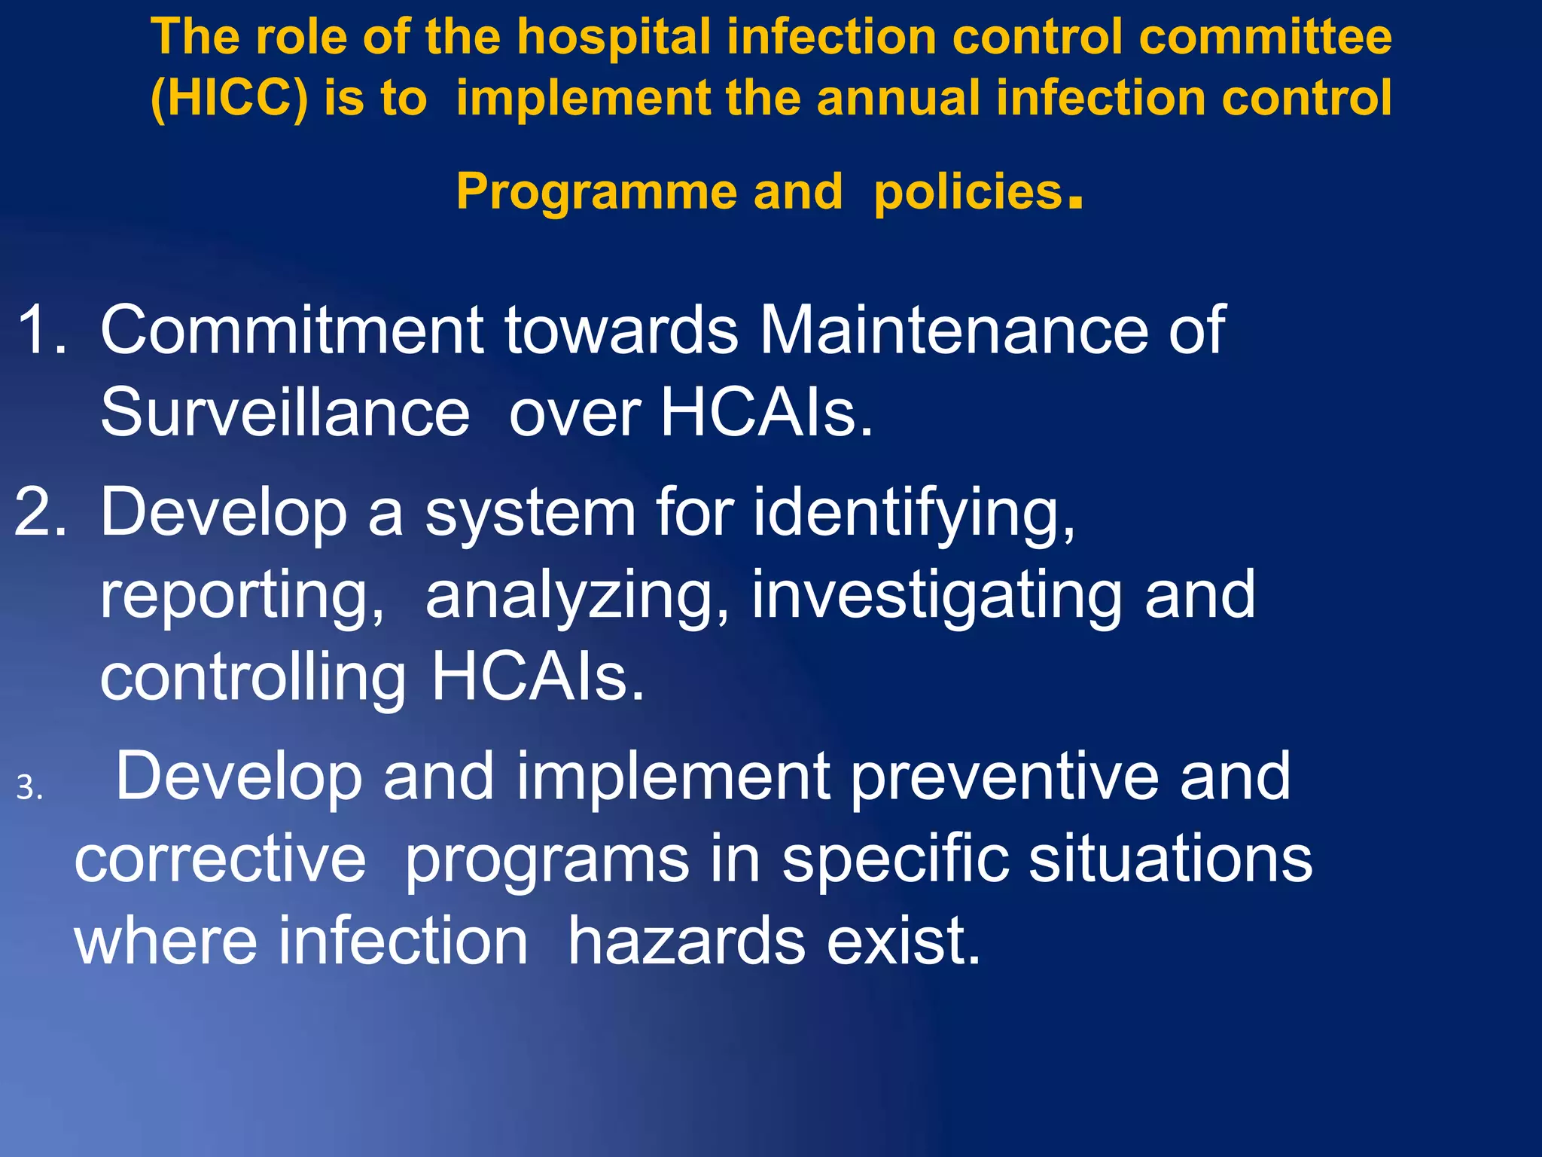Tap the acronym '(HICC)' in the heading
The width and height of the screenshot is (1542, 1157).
pyautogui.click(x=229, y=99)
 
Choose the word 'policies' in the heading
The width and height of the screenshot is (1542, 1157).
pyautogui.click(x=968, y=193)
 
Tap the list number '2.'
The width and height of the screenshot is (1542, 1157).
pyautogui.click(x=41, y=512)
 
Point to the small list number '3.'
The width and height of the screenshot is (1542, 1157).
pyautogui.click(x=29, y=788)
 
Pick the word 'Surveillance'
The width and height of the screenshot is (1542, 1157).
pyautogui.click(x=285, y=412)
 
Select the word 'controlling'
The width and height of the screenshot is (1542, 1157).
pyautogui.click(x=253, y=678)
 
